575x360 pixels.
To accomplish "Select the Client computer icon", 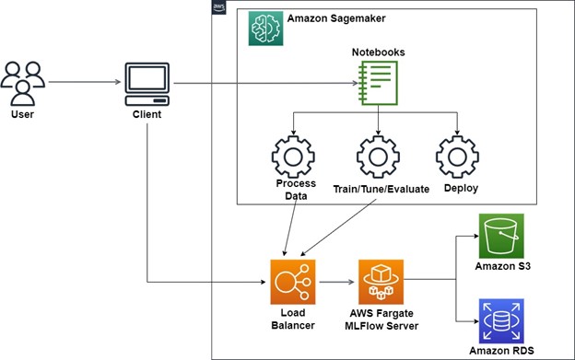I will tap(147, 85).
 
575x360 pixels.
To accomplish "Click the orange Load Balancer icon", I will tap(293, 281).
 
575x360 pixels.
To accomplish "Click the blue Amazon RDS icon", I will tap(501, 319).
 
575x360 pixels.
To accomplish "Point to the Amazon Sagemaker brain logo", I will tap(265, 29).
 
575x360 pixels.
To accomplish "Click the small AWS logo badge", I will tap(218, 8).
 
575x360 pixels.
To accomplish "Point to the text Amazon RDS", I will tap(501, 353).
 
